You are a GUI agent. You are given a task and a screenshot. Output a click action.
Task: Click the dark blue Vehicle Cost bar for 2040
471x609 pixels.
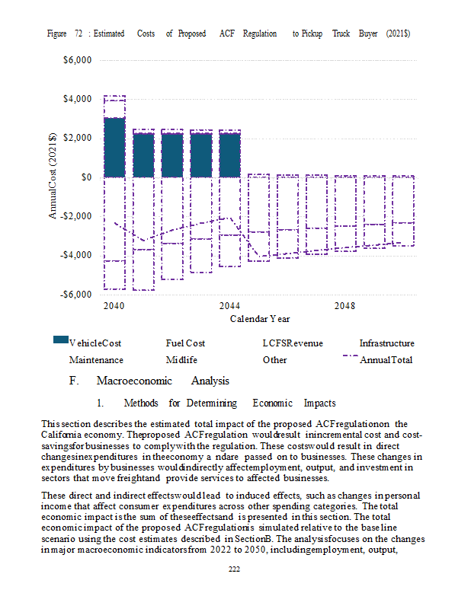pos(114,147)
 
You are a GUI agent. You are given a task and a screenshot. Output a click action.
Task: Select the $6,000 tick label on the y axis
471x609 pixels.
pos(78,60)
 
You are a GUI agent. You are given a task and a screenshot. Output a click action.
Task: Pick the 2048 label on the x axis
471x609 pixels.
pos(345,306)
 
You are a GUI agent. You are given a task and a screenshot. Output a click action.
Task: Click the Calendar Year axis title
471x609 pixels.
pos(260,319)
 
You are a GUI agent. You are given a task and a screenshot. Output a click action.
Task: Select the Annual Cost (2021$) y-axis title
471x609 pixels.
pos(53,177)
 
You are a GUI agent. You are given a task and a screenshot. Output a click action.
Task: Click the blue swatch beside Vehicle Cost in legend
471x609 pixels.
pos(60,340)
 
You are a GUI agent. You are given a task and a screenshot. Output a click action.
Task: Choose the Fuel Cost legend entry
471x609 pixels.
pos(185,344)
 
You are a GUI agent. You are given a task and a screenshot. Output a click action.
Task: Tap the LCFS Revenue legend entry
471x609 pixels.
pos(290,344)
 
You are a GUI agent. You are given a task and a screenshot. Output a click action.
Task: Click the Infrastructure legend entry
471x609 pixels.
pos(386,344)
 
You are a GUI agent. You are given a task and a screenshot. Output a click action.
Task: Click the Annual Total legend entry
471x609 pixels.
pos(386,359)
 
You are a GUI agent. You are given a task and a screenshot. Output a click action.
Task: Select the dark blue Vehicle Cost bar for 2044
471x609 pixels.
pos(230,155)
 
